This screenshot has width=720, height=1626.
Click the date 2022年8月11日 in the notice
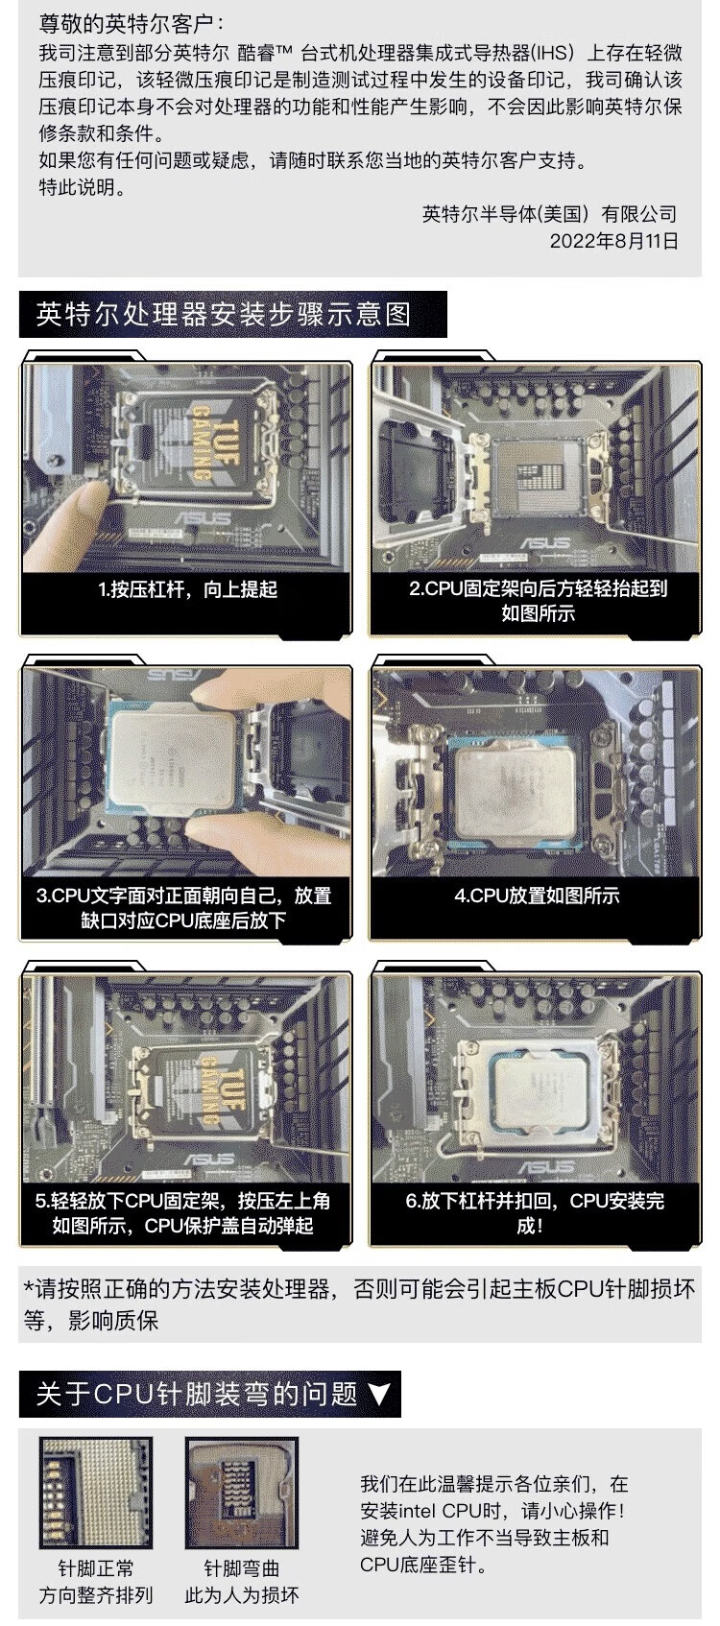(613, 241)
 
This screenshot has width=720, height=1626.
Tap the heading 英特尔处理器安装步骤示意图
(224, 314)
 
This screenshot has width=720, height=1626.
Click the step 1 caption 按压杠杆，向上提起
(188, 589)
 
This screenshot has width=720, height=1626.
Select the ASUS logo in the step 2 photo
(544, 543)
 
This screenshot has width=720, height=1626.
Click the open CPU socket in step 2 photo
(538, 472)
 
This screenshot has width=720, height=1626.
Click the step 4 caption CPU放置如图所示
(537, 897)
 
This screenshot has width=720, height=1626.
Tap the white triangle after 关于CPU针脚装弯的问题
(379, 1394)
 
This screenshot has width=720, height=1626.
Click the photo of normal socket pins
(97, 1494)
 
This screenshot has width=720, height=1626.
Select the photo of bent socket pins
(242, 1494)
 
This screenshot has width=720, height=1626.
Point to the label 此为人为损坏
(242, 1594)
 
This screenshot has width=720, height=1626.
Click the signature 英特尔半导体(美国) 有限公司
(549, 214)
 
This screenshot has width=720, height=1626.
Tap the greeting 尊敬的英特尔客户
(127, 25)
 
